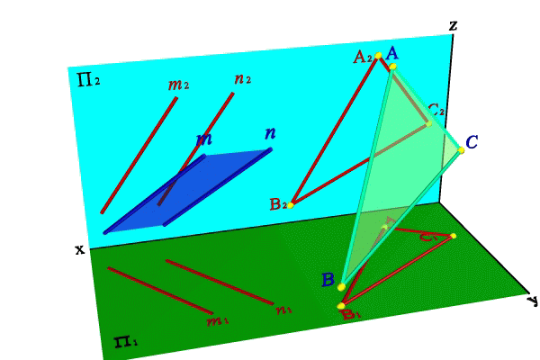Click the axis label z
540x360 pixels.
(453, 25)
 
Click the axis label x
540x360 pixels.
(79, 248)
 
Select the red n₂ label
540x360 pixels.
(242, 79)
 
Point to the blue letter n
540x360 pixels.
(269, 134)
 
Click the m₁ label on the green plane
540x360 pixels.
(218, 319)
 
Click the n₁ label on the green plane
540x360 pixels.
(283, 310)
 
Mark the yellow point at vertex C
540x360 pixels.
(461, 149)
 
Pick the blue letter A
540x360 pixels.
(392, 54)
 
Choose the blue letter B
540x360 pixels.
(328, 280)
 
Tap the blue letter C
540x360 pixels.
(472, 141)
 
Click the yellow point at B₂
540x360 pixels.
(292, 204)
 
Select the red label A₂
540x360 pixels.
(363, 57)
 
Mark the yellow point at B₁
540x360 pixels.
(342, 307)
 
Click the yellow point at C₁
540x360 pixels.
(453, 236)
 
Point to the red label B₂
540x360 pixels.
(278, 204)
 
